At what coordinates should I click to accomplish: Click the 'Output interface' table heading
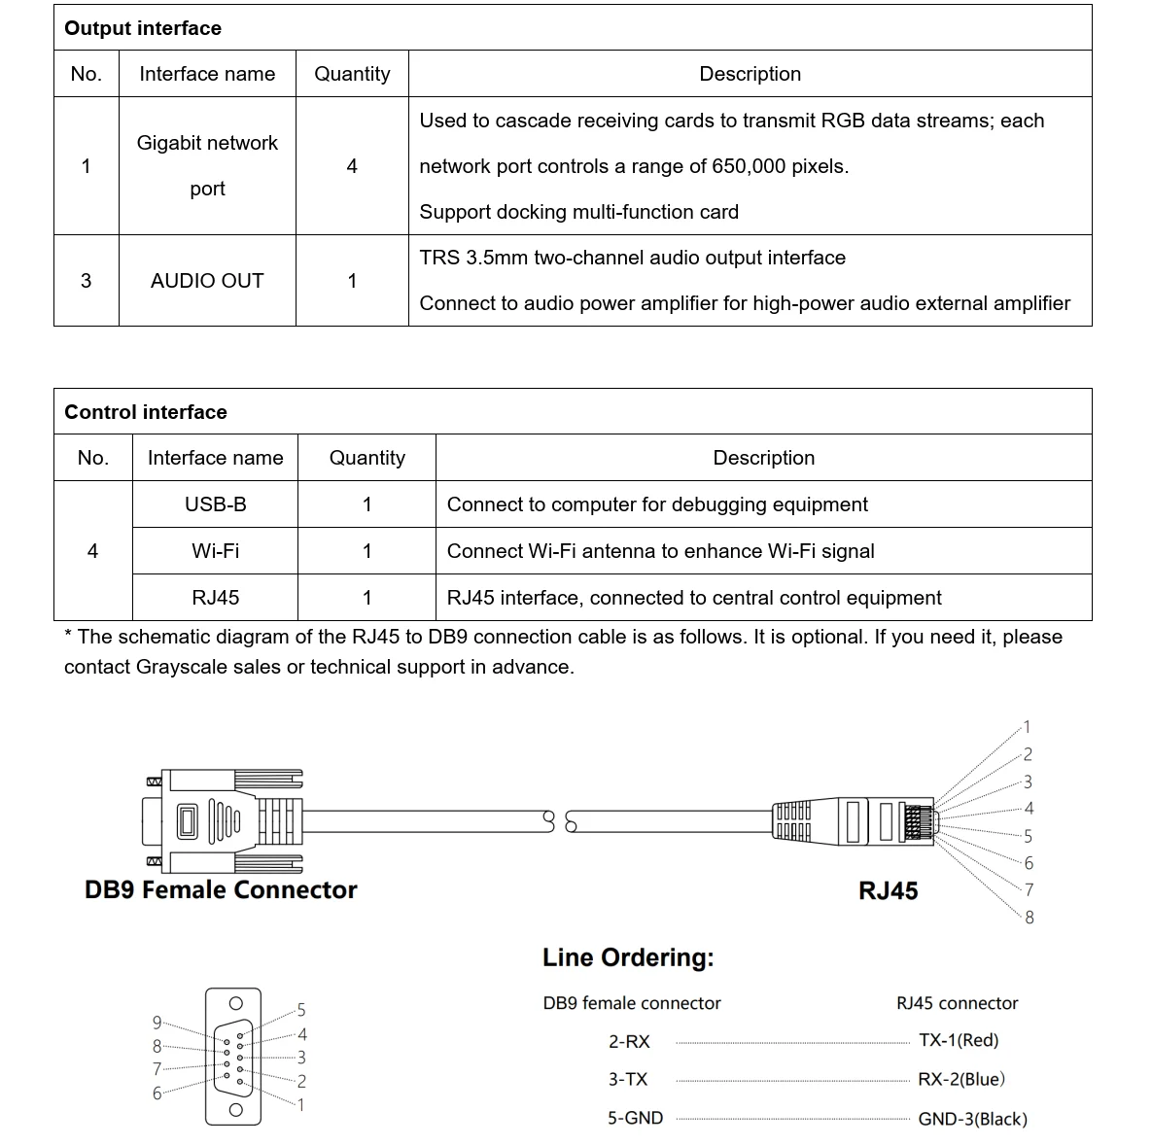[x=143, y=28]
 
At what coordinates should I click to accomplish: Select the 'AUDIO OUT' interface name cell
[x=207, y=281]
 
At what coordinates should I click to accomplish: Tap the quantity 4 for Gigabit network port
[x=352, y=166]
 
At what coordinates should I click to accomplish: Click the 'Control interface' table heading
[x=146, y=412]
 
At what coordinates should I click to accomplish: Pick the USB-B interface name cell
[x=215, y=504]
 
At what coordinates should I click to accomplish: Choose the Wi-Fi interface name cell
[x=215, y=551]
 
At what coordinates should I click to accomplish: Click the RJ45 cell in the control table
[x=215, y=598]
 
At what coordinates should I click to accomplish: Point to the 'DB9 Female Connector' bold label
[x=221, y=889]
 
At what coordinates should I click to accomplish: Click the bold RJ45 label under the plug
[x=888, y=890]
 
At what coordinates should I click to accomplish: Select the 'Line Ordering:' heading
[x=628, y=957]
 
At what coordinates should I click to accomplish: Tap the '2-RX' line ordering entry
[x=629, y=1041]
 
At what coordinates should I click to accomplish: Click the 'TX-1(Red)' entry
[x=959, y=1040]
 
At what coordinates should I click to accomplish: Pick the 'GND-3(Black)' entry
[x=972, y=1119]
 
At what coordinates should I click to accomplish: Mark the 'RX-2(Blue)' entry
[x=961, y=1079]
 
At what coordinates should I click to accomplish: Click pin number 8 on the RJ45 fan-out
[x=1030, y=917]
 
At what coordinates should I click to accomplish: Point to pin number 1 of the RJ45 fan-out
[x=1027, y=726]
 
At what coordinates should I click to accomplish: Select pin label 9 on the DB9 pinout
[x=157, y=1022]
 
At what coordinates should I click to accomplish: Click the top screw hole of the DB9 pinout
[x=234, y=1003]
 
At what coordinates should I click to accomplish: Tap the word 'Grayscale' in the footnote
[x=185, y=667]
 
